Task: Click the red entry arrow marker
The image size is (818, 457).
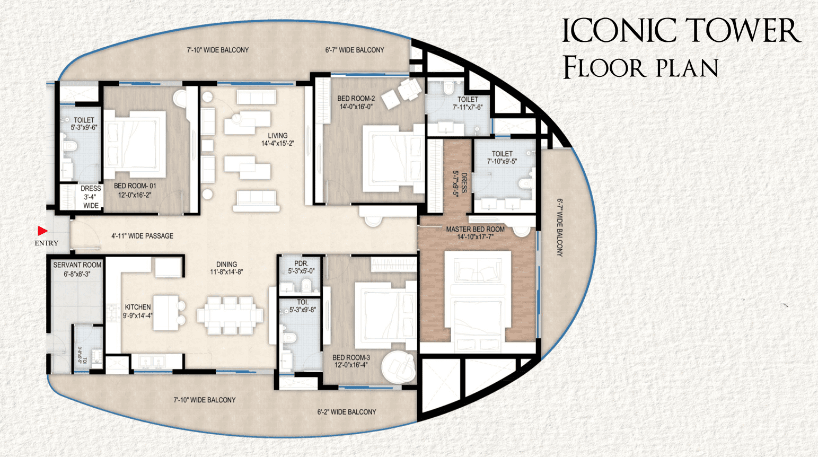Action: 42,231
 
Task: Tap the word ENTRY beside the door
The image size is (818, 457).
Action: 46,243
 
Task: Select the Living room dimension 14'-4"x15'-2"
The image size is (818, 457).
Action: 278,143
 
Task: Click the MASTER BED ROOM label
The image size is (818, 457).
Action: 475,229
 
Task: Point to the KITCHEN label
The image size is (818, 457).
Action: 138,307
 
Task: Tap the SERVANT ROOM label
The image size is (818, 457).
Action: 77,265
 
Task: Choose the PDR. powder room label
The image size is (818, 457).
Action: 301,263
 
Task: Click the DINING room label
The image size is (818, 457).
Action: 226,263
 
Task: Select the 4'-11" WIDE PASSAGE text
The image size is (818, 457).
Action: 143,236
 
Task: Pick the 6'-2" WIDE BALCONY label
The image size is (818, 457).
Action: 347,412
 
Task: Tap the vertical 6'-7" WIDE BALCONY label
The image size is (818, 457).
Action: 560,227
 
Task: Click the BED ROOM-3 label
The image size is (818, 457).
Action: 351,357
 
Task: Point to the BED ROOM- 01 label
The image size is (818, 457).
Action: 135,186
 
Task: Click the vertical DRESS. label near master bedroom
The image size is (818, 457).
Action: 464,183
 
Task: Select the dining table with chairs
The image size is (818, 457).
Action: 230,315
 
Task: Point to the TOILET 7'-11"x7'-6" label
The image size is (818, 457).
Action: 468,103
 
